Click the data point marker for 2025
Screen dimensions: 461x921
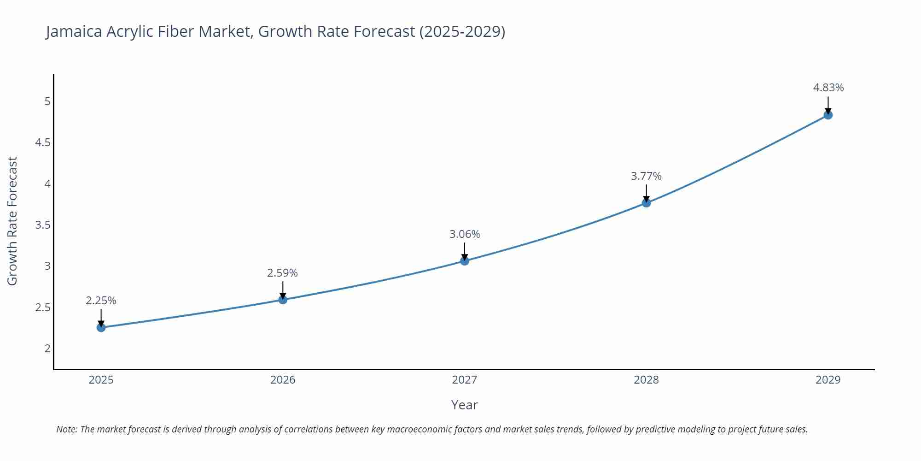pos(101,328)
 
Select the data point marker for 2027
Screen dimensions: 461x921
pos(464,261)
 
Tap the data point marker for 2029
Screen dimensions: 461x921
pos(828,115)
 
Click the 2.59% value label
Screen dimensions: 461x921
pos(282,273)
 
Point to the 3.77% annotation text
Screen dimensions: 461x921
pos(646,176)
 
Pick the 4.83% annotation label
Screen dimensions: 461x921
pos(828,88)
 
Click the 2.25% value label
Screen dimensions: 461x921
pos(101,301)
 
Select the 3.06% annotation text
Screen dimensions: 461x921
pos(464,234)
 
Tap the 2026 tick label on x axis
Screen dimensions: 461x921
pos(282,380)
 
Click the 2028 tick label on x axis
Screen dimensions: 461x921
pos(646,380)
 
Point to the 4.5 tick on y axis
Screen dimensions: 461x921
pos(43,142)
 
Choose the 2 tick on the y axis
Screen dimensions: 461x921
pos(47,349)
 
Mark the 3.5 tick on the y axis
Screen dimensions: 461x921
pos(43,225)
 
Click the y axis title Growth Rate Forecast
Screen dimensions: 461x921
pos(12,221)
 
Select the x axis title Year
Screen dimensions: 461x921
pos(464,405)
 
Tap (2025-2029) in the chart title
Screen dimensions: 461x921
pos(462,31)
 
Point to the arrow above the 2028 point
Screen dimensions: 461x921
pos(646,193)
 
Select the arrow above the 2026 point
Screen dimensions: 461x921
pos(282,290)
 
